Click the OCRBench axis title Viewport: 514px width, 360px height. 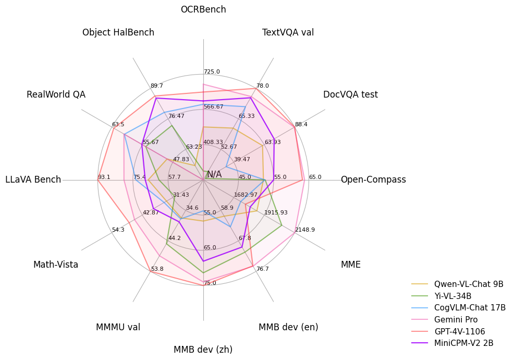(x=203, y=10)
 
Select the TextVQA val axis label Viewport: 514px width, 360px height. (x=288, y=33)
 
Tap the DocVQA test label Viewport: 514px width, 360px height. (x=350, y=95)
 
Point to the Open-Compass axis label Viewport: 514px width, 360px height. (x=373, y=180)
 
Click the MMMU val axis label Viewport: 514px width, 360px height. (x=118, y=328)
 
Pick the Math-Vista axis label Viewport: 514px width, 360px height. (x=56, y=265)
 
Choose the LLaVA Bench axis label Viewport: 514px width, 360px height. (x=33, y=180)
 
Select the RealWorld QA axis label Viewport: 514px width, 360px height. (x=56, y=95)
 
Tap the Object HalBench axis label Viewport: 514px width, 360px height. (x=118, y=33)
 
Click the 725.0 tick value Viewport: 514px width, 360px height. (x=212, y=72)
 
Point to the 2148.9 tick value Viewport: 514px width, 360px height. (x=305, y=230)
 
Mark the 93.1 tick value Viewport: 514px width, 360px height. (x=104, y=177)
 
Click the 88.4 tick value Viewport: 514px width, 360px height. (x=301, y=125)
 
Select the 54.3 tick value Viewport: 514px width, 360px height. (x=118, y=230)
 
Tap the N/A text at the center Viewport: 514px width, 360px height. (x=214, y=175)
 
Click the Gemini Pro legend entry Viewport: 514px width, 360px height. (x=456, y=320)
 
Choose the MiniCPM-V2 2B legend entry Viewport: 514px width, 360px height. (x=463, y=343)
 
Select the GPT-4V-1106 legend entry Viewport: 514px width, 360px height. (x=459, y=332)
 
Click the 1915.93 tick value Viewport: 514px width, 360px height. (x=276, y=213)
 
